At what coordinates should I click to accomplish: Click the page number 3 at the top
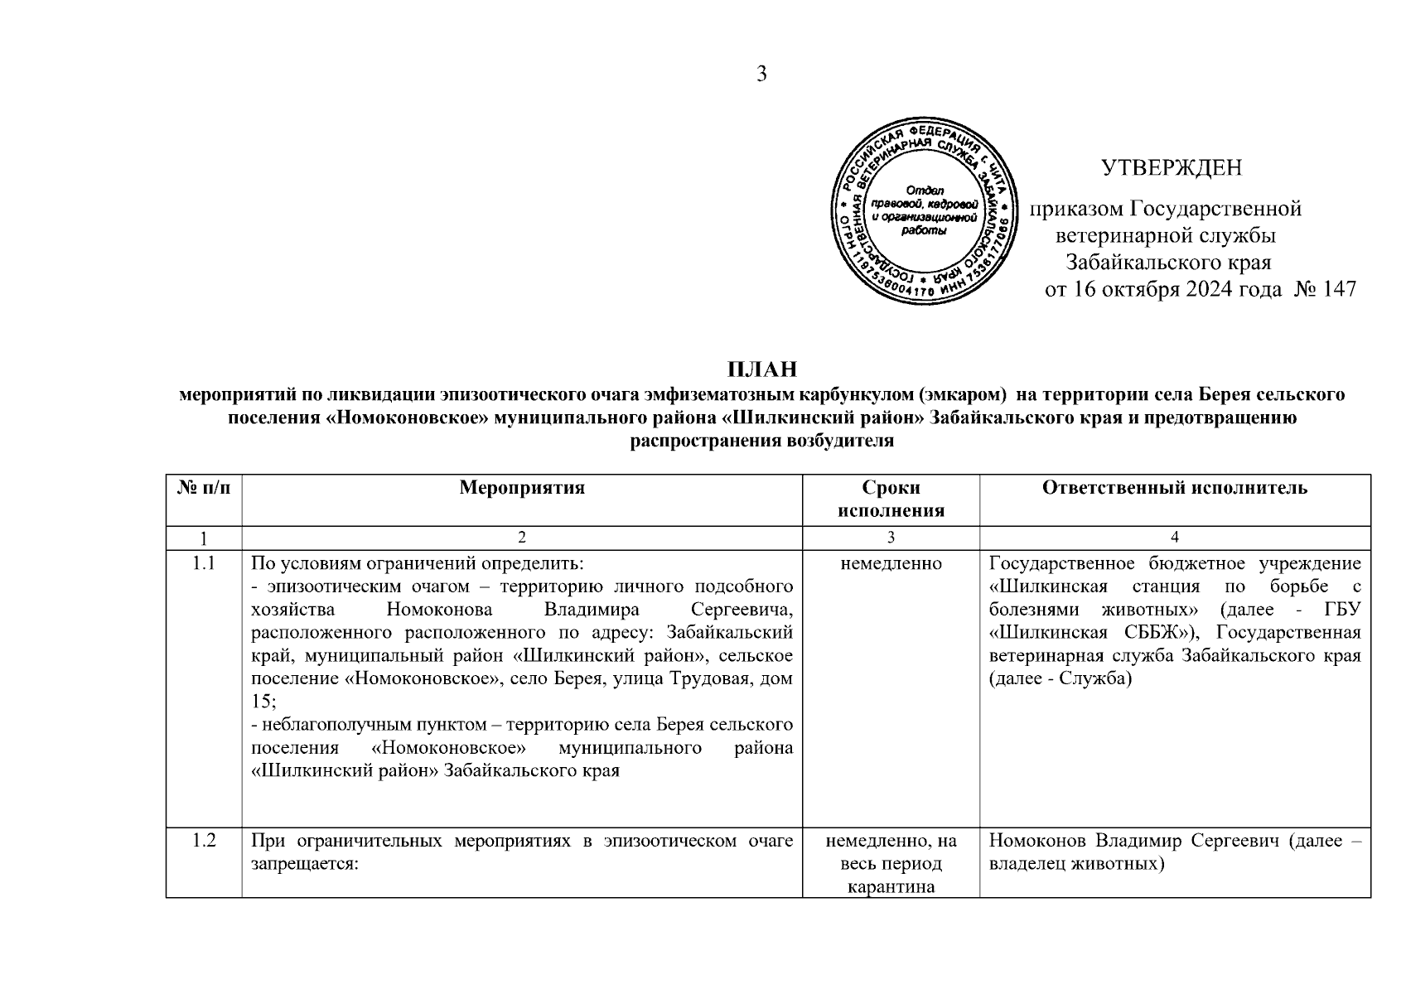[762, 75]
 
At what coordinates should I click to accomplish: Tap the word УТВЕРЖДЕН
[1172, 168]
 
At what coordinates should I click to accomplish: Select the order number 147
[1340, 289]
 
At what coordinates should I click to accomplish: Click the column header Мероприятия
[522, 488]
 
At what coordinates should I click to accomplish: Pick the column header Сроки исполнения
[891, 499]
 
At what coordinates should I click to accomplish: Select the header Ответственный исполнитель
[1174, 488]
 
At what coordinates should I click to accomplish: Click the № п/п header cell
[204, 488]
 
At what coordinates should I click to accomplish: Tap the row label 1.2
[204, 842]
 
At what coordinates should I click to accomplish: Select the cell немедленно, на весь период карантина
[891, 864]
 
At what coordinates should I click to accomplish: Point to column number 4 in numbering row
[1174, 538]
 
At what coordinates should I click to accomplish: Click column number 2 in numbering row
[521, 538]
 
